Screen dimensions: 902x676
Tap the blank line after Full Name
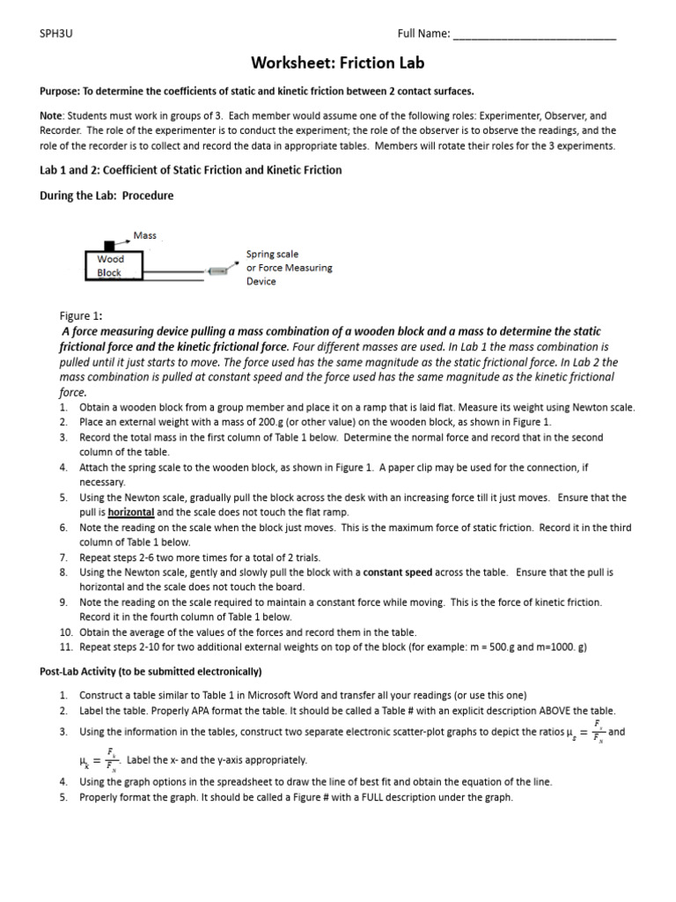(x=533, y=35)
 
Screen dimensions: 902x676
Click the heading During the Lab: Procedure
(x=107, y=196)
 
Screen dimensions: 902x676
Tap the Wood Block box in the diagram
(x=112, y=265)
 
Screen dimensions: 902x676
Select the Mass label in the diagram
(x=144, y=235)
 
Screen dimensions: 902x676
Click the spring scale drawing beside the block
(x=217, y=271)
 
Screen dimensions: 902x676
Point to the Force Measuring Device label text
(x=289, y=268)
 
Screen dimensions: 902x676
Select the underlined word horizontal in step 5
(x=131, y=512)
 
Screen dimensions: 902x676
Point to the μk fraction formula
(x=96, y=758)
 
